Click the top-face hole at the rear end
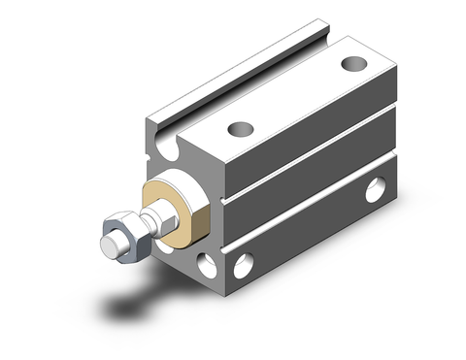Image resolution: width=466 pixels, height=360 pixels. point(351,65)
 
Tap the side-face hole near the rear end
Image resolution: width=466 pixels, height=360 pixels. point(375,190)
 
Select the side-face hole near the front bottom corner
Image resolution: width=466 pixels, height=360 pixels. point(244,261)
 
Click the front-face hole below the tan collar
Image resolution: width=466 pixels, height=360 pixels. point(205,263)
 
